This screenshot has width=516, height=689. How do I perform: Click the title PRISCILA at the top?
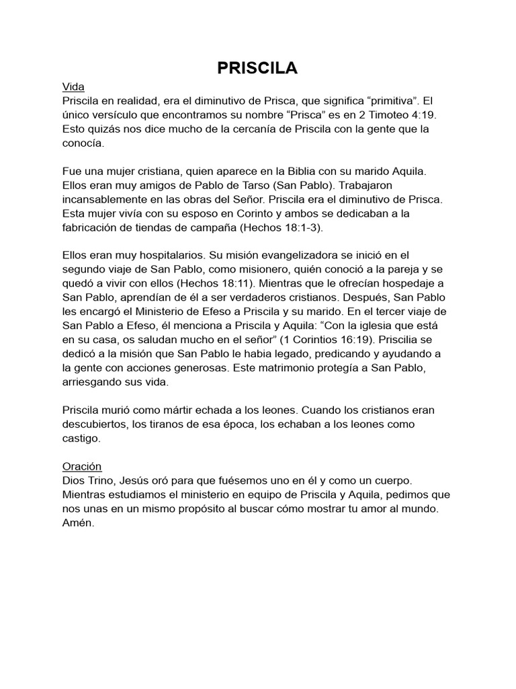(257, 68)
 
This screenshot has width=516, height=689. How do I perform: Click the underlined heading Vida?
(73, 87)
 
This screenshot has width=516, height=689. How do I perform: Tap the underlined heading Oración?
(82, 466)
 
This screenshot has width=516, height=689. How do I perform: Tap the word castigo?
(81, 438)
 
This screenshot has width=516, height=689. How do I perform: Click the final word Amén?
(78, 523)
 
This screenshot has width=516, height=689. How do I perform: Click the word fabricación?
(93, 227)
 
